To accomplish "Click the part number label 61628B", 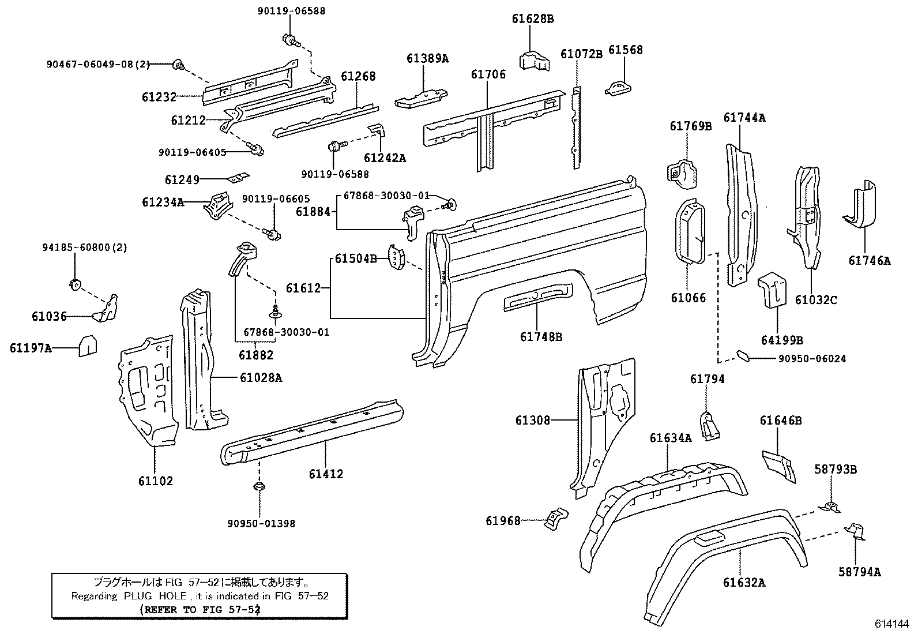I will click(532, 18).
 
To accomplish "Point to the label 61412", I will click(326, 474).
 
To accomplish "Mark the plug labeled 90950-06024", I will click(743, 356).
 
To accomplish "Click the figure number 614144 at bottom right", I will click(891, 624).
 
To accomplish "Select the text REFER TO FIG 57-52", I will click(200, 609).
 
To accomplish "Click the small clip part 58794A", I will click(855, 531).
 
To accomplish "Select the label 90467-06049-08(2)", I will click(98, 65).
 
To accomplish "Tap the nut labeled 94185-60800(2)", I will click(74, 283).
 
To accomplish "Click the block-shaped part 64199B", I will click(772, 292).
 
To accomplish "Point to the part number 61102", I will click(155, 481).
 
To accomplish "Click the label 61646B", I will click(780, 421).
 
